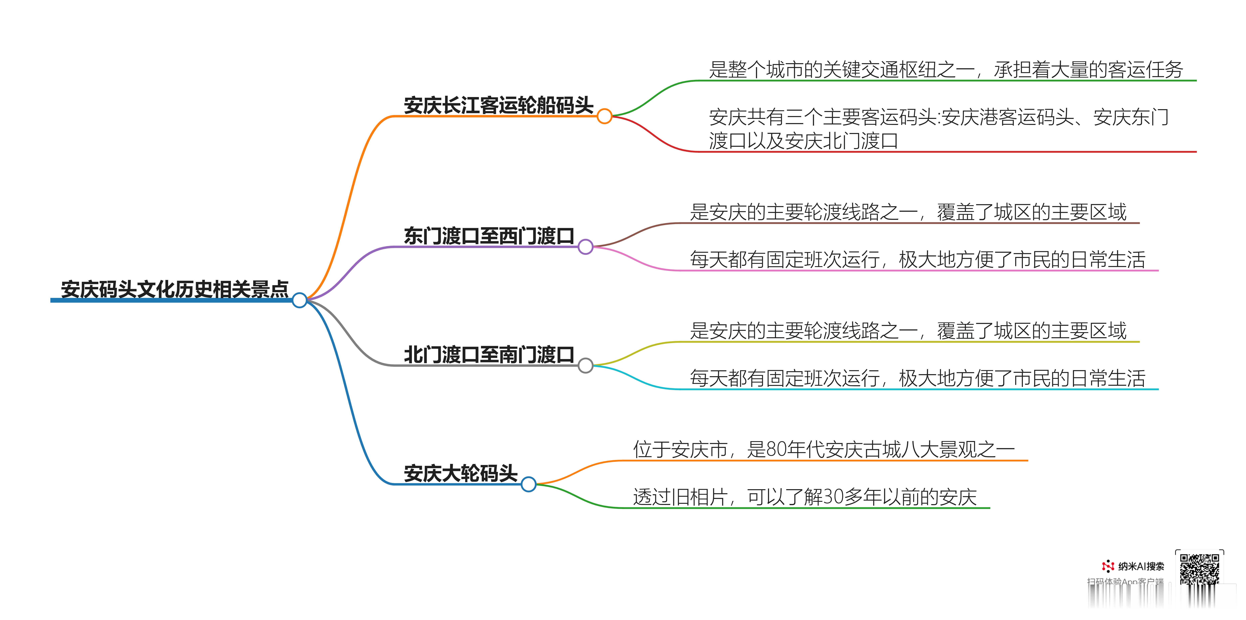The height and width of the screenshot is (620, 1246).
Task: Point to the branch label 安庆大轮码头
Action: pos(461,473)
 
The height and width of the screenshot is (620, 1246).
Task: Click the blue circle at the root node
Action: pos(299,300)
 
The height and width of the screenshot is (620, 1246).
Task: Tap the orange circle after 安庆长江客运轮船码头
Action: pos(604,116)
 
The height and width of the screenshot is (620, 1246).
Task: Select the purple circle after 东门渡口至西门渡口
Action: pos(585,247)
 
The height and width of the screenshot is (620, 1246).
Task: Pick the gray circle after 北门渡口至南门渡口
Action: pos(585,365)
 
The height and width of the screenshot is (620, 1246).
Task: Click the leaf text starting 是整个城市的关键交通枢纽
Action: pos(946,70)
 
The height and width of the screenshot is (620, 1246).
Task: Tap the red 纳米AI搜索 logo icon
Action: pos(1108,566)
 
